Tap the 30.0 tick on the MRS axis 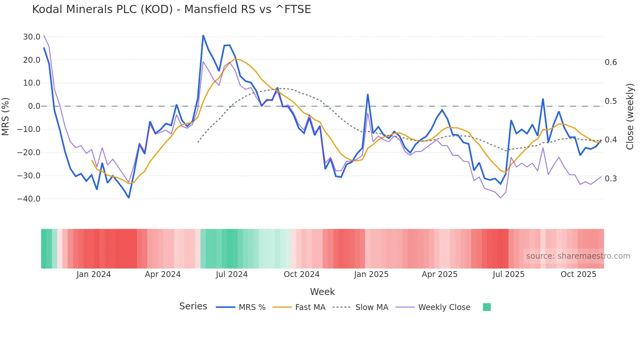(x=32, y=37)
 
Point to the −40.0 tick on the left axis (x=29, y=199)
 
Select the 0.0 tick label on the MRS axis (x=34, y=106)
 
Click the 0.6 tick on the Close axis (x=611, y=62)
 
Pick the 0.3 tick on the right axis (x=611, y=179)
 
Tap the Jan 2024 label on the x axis (x=94, y=274)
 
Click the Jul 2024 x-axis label (x=232, y=274)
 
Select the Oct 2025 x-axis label (x=578, y=274)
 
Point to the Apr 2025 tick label (x=440, y=274)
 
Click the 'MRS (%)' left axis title (x=6, y=116)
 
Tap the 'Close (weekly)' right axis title (x=630, y=116)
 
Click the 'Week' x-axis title (x=322, y=292)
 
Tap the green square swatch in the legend (x=487, y=307)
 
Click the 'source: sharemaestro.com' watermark (x=578, y=256)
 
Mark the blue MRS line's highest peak (x=203, y=35)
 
